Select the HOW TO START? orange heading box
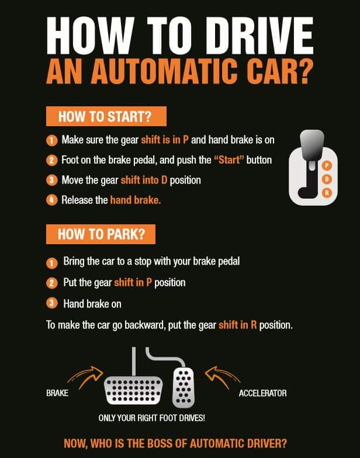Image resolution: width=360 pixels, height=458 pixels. coord(106,116)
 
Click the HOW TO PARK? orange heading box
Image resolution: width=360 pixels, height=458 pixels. coord(101,234)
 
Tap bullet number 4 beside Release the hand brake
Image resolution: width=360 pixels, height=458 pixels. coord(51,200)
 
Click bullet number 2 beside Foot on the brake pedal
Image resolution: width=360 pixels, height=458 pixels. coord(51,160)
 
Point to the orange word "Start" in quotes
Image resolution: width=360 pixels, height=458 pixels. coord(229,160)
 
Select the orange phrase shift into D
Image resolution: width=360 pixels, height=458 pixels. coord(144,180)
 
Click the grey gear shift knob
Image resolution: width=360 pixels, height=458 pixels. coord(312,145)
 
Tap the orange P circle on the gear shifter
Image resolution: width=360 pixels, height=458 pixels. coord(327,166)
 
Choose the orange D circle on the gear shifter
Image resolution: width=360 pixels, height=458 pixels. coord(327,179)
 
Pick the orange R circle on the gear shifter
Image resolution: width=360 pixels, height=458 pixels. coord(327,193)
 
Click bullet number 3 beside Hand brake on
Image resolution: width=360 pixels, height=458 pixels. coord(51,304)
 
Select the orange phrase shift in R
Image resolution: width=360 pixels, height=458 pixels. coord(237,325)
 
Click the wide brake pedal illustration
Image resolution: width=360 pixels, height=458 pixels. coord(133,390)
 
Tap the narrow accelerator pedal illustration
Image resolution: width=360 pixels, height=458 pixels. coord(184,388)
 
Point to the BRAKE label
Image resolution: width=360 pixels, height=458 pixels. coord(57,393)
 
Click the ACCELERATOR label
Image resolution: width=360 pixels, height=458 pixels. coord(263,393)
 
